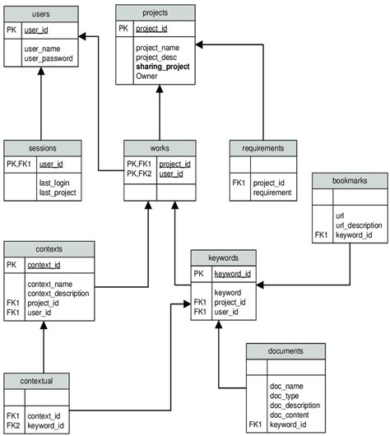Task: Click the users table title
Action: click(40, 14)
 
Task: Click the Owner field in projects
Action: click(146, 76)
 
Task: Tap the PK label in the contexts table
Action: click(12, 264)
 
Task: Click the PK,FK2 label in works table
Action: click(138, 174)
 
